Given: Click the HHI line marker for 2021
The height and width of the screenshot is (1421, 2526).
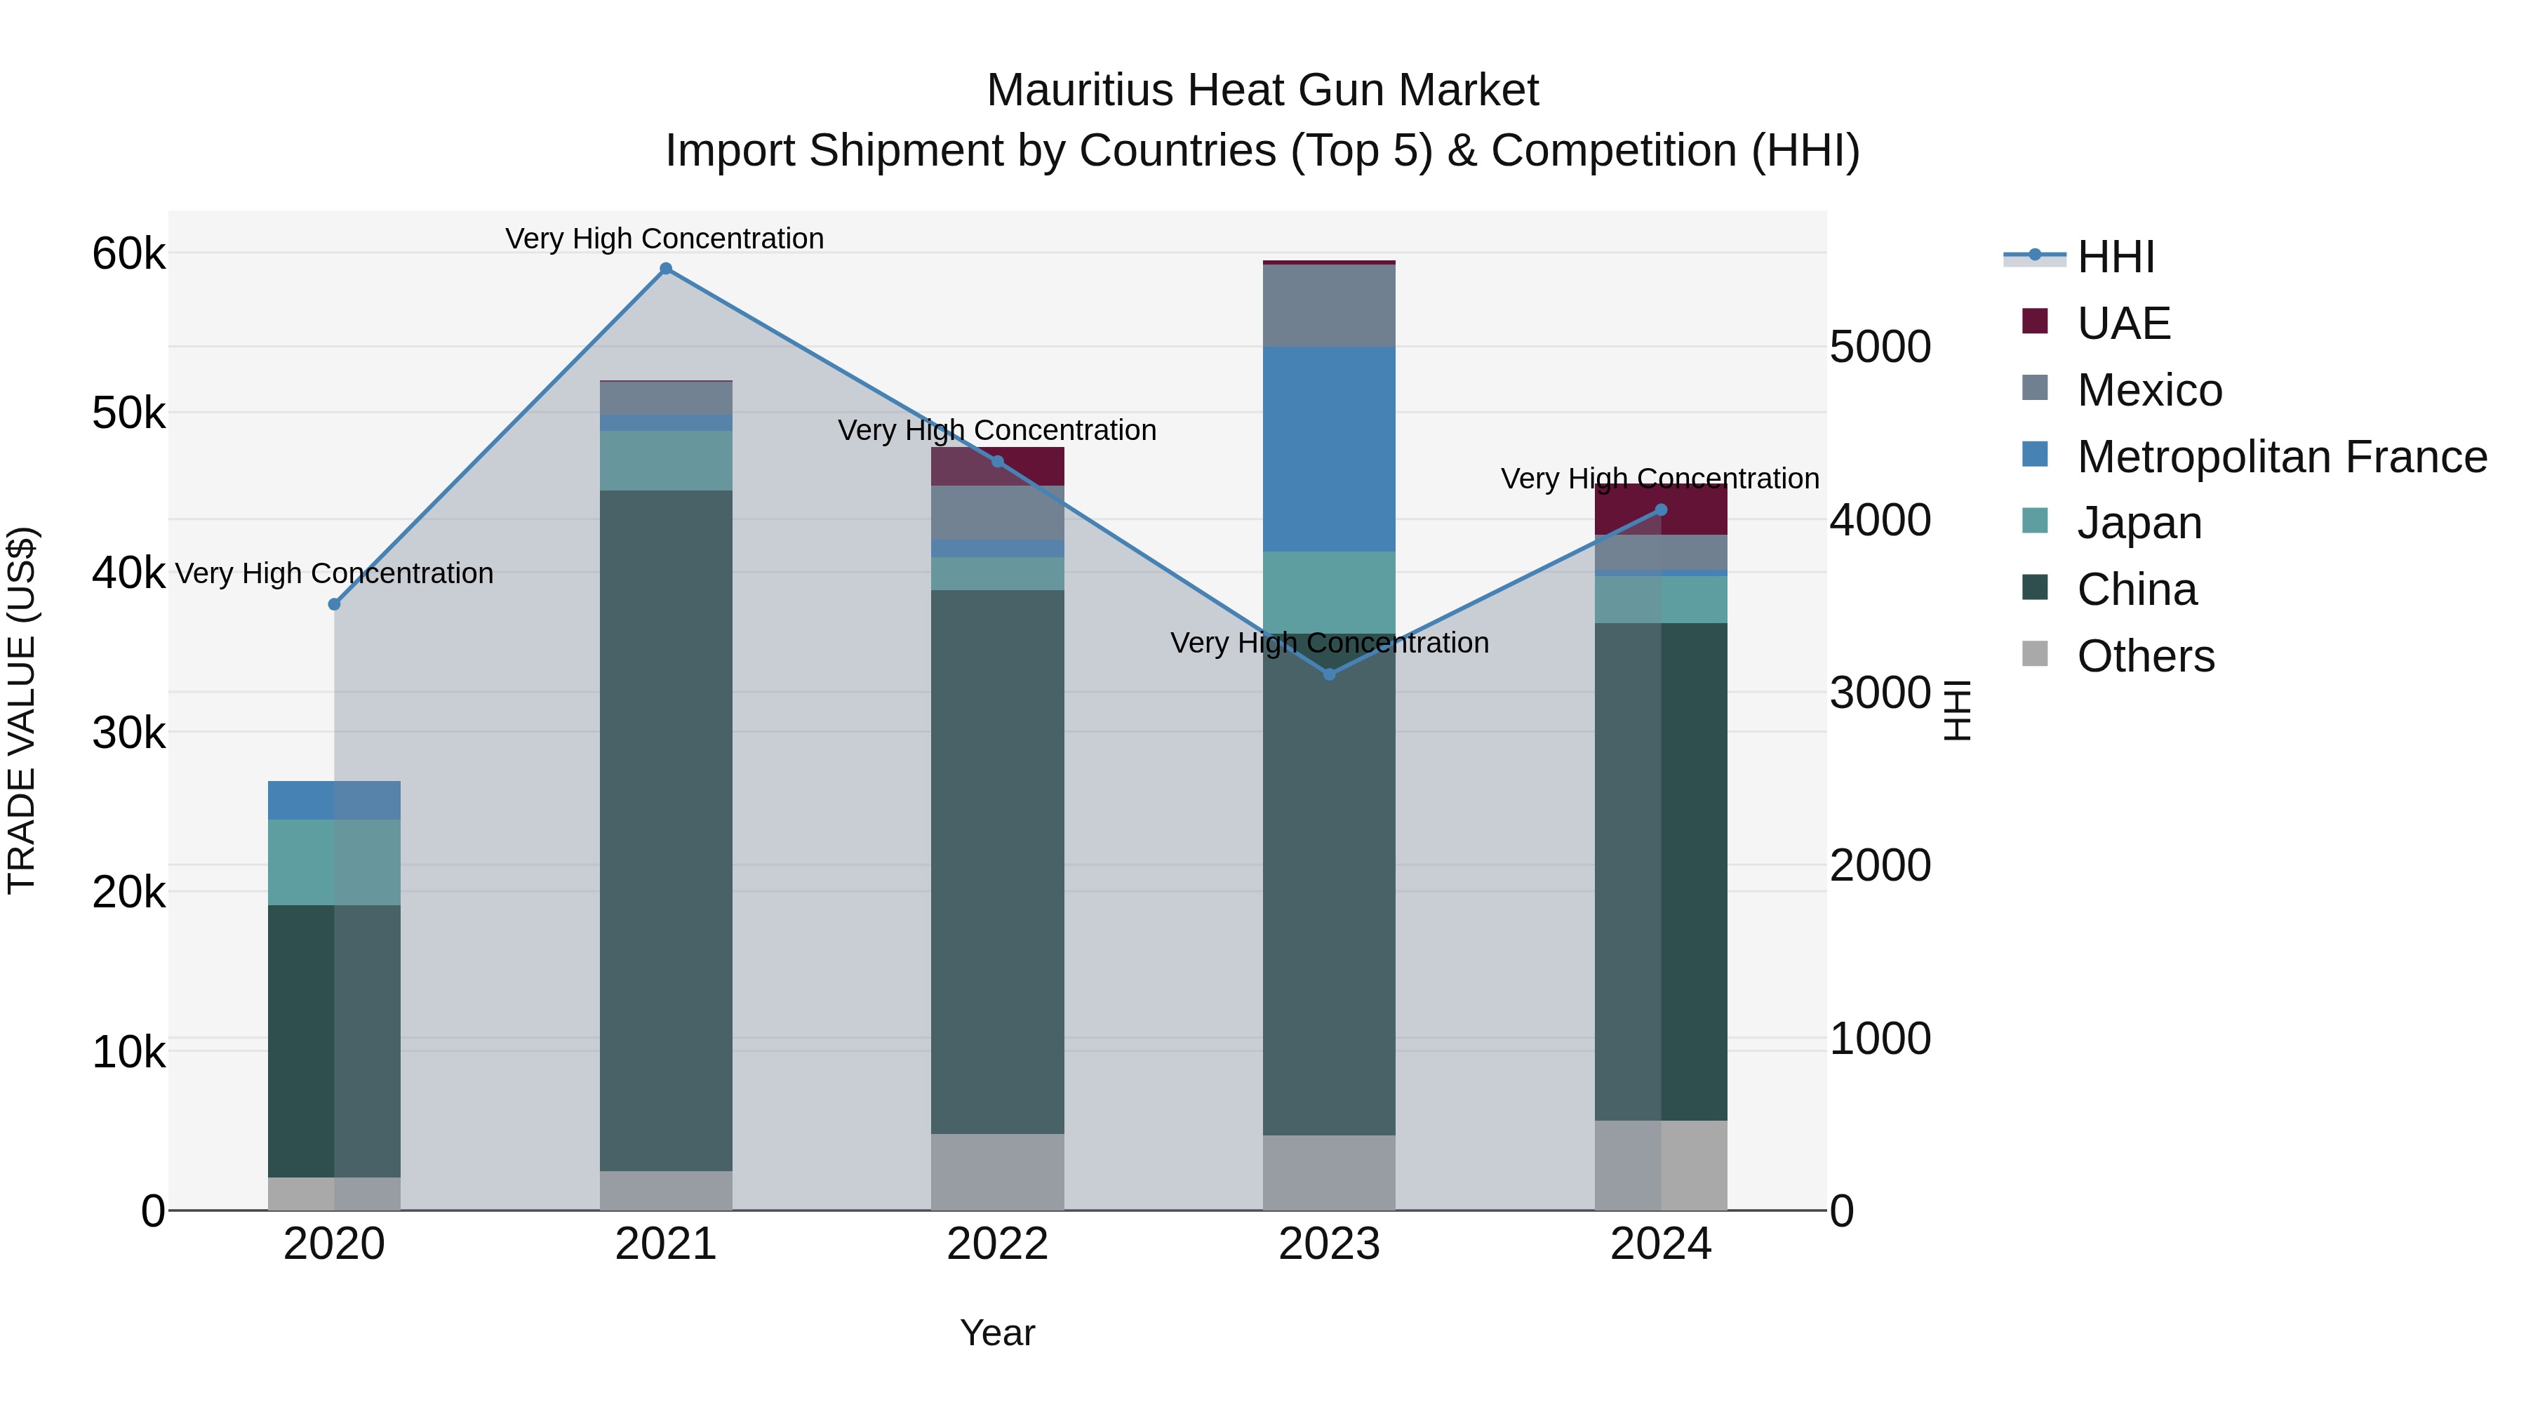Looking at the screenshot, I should click(x=666, y=269).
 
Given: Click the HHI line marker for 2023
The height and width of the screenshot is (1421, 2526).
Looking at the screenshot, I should click(x=1329, y=674).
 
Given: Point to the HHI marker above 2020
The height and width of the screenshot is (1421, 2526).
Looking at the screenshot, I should click(x=335, y=604).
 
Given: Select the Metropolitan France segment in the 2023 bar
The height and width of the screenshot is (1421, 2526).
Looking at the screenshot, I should click(x=1329, y=448).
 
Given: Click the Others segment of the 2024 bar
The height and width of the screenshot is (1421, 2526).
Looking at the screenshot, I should click(x=1660, y=1164).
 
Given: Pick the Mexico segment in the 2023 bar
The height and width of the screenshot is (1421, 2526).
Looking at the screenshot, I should click(x=1329, y=305).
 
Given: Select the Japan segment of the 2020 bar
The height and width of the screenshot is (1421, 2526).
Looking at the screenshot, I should click(x=335, y=861).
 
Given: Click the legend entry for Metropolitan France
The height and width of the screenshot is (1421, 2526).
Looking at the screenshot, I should click(x=2281, y=457).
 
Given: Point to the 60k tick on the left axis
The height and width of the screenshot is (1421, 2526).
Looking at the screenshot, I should click(x=128, y=254).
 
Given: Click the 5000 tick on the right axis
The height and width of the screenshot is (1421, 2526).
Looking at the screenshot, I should click(x=1880, y=347).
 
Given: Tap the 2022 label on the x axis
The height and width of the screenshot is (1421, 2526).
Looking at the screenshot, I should click(x=997, y=1244).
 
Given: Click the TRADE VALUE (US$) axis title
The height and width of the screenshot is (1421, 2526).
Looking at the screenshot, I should click(x=22, y=710).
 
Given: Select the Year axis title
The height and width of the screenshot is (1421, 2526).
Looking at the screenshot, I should click(x=997, y=1333).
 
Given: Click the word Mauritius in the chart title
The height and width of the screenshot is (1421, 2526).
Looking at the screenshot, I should click(x=1078, y=91).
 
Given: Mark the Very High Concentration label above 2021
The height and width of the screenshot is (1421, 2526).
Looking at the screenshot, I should click(x=665, y=239).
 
